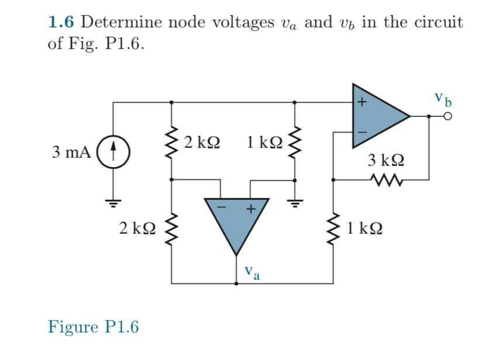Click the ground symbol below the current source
pyautogui.click(x=113, y=202)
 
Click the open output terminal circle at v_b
pyautogui.click(x=448, y=116)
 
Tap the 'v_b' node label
pyautogui.click(x=443, y=98)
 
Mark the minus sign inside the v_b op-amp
pyautogui.click(x=362, y=132)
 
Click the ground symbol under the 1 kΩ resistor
pyautogui.click(x=294, y=202)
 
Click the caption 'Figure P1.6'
pyautogui.click(x=93, y=326)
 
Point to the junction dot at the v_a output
pyautogui.click(x=236, y=284)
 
